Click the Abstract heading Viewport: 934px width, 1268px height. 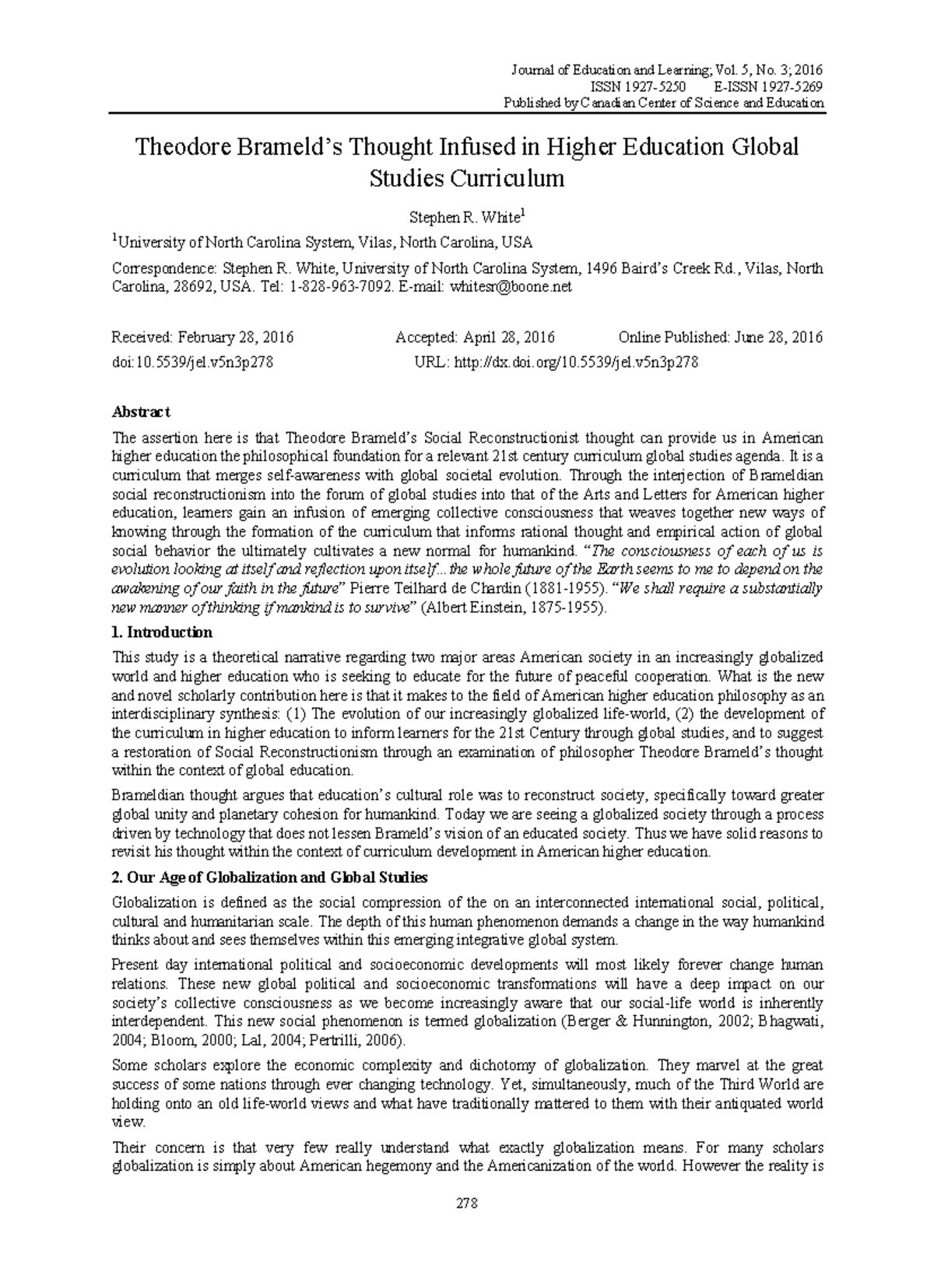click(x=141, y=412)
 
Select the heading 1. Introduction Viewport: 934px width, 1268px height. click(x=162, y=632)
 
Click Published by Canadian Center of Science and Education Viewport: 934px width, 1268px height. click(x=664, y=103)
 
